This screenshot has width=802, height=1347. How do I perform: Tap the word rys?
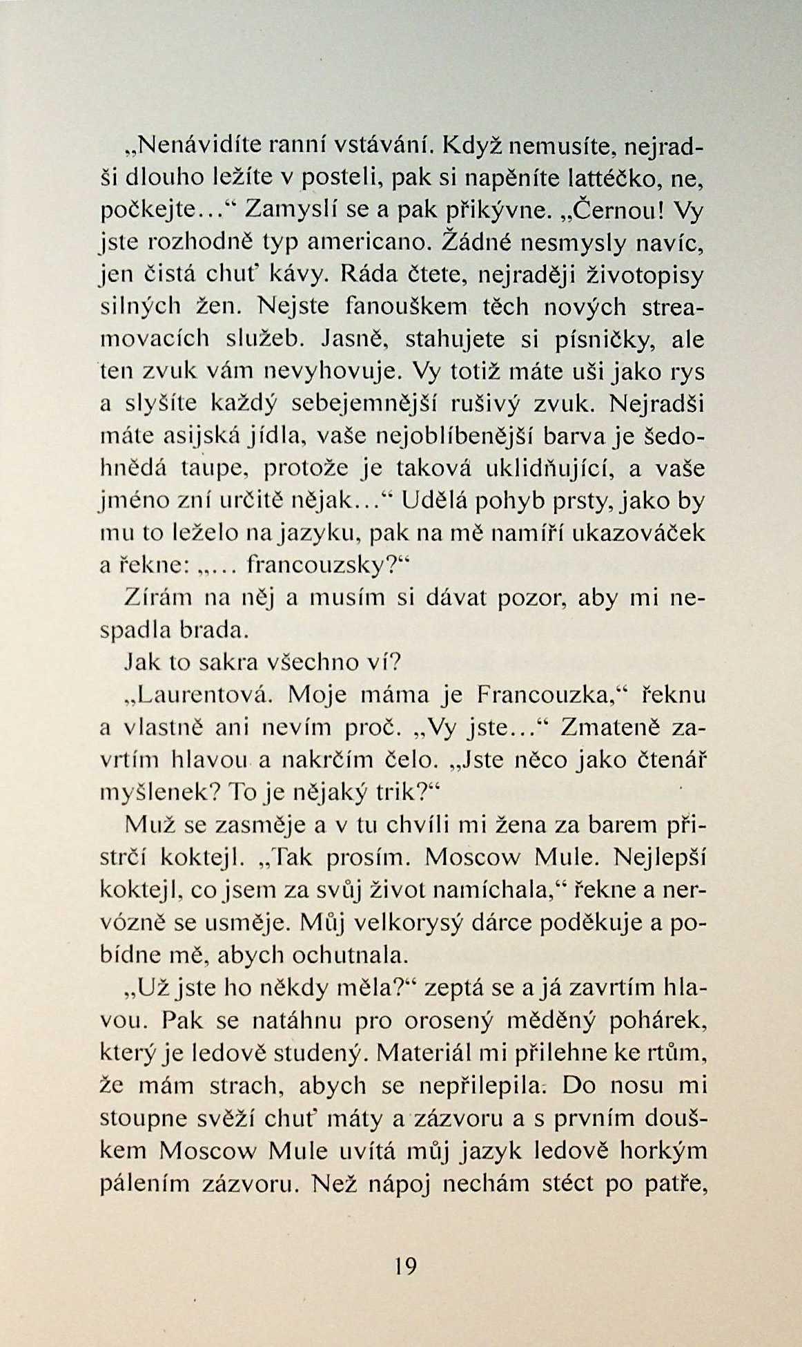[687, 372]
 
